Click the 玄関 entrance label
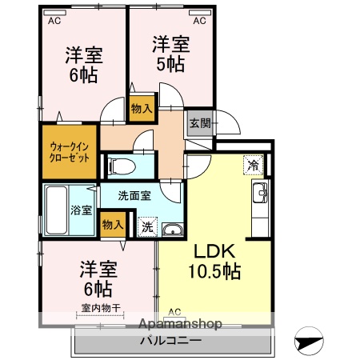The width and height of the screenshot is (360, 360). point(200,123)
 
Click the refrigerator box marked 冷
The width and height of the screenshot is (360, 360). point(254,166)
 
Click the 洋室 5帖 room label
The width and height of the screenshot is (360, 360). point(170,53)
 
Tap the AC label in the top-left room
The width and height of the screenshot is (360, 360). point(54,22)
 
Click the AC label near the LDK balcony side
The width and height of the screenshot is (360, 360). point(175,312)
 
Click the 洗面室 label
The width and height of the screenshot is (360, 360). point(133,195)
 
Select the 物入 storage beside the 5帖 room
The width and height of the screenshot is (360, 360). point(142,107)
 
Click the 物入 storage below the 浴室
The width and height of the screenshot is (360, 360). point(113,225)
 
